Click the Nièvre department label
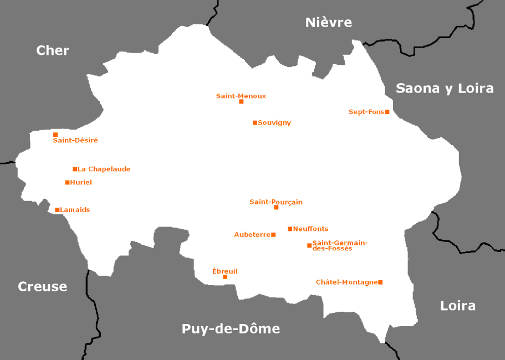[x=329, y=23]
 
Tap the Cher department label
[x=53, y=50]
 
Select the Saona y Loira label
[x=445, y=88]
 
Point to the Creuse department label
[x=43, y=287]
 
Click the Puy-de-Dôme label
[x=231, y=329]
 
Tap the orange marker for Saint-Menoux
[x=241, y=101]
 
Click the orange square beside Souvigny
[x=255, y=123]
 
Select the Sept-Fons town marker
[x=387, y=112]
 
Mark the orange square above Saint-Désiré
[x=55, y=135]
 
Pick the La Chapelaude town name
[x=104, y=169]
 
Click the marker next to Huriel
[x=68, y=182]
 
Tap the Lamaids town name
[x=75, y=210]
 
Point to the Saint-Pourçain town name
[x=276, y=202]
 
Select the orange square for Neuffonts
[x=290, y=229]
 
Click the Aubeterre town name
[x=252, y=235]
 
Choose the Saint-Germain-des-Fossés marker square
[x=309, y=245]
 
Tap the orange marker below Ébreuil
[x=225, y=277]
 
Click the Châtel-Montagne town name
[x=346, y=282]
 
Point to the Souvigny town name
[x=274, y=123]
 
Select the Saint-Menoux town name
[x=241, y=96]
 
